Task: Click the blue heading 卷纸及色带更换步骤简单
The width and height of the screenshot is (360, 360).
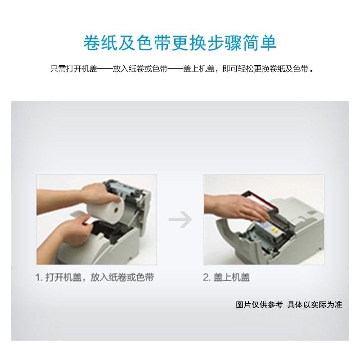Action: [180, 43]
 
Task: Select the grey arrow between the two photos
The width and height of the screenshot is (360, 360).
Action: [180, 220]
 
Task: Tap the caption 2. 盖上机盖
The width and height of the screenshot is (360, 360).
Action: [226, 277]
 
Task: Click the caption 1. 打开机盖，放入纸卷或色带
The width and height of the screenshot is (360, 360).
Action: [94, 277]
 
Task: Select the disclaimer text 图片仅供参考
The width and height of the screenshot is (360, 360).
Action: [259, 305]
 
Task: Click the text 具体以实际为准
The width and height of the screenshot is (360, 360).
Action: [315, 305]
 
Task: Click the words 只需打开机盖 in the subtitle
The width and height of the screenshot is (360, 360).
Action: [74, 69]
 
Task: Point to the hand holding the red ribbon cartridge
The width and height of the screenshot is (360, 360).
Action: [237, 208]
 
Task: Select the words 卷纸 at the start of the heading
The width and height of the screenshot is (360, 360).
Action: [100, 43]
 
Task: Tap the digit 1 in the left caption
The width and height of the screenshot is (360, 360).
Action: [38, 277]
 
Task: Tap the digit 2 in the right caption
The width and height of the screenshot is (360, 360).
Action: [206, 277]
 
